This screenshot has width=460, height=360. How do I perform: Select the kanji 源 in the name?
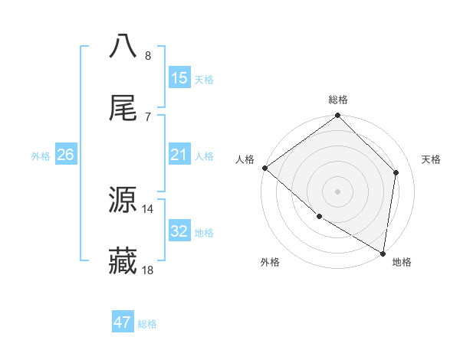123,200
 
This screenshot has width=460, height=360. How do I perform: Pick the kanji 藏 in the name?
123,261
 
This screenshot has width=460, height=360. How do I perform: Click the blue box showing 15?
179,78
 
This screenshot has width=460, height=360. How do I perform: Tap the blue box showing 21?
179,155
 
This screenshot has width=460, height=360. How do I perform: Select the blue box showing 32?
179,231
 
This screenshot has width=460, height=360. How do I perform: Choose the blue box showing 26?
65,155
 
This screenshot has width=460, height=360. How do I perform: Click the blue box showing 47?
123,322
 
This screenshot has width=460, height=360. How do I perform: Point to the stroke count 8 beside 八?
147,56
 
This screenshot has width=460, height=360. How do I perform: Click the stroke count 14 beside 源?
148,208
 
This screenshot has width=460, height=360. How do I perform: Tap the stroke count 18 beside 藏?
148,270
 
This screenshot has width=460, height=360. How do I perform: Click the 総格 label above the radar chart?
338,100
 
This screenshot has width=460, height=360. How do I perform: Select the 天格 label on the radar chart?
431,159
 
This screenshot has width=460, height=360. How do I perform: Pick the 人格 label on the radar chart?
245,159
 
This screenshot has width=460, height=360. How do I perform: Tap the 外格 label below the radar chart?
270,262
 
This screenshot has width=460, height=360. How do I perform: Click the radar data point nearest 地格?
383,253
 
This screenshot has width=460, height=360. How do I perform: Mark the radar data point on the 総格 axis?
338,116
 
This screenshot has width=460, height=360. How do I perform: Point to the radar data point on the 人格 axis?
264,168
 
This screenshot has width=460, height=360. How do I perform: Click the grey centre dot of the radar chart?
338,191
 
